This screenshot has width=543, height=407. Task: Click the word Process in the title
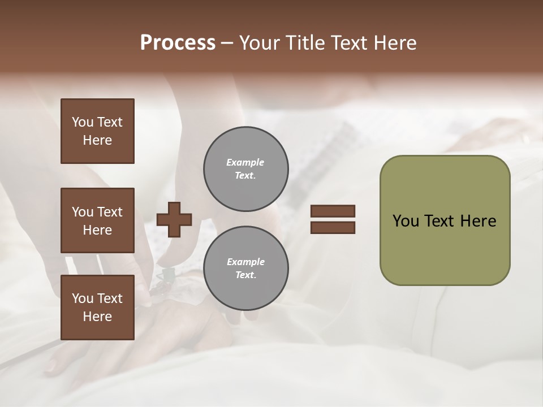coord(178,43)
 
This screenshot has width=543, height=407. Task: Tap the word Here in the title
coord(394,43)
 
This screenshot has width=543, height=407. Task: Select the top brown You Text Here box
coord(97,131)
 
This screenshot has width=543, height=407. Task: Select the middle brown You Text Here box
coord(97,220)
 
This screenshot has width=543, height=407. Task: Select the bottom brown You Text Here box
coord(97,307)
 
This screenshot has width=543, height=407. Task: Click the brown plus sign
coord(174,219)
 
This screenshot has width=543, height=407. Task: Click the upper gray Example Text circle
coord(245,168)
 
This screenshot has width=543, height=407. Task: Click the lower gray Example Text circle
coord(245,268)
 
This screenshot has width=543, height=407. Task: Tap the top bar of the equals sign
coord(333,211)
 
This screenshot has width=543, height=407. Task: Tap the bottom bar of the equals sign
coord(333,227)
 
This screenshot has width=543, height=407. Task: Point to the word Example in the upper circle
coord(245,162)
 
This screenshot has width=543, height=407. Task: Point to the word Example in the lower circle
coord(245,262)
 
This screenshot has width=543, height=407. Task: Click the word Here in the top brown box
coord(97,140)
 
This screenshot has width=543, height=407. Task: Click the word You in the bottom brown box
coord(83,298)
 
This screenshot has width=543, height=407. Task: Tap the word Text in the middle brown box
coord(110,212)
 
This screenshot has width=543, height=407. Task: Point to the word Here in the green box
coord(478,221)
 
